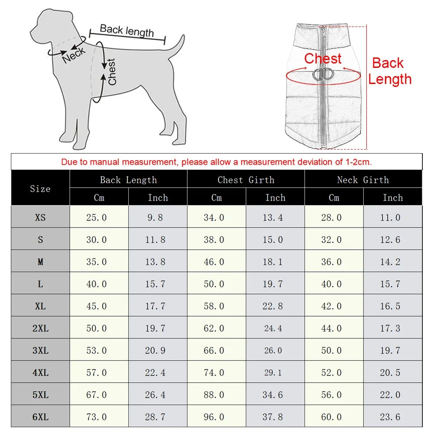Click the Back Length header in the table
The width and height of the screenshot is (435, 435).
[128, 180]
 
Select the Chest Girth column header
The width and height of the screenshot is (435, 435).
[246, 180]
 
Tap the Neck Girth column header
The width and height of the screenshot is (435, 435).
[363, 180]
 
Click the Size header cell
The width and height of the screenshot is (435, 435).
[40, 188]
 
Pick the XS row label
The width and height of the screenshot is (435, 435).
[40, 217]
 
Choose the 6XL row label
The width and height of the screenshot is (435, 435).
[40, 417]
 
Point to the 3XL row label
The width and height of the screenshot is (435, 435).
[40, 350]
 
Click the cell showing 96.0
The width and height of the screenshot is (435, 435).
[214, 417]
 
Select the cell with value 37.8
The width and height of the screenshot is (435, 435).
[273, 417]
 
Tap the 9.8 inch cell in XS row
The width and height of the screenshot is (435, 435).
[155, 217]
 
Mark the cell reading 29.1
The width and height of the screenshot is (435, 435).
[273, 372]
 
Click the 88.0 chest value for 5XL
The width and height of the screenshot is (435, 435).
[214, 395]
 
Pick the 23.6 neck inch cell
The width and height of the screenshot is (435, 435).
[390, 417]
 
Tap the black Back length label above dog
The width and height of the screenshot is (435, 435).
[127, 30]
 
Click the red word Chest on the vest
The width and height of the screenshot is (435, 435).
[323, 58]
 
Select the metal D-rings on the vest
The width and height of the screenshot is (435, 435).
[323, 74]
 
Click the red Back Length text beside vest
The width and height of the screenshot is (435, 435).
[389, 71]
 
